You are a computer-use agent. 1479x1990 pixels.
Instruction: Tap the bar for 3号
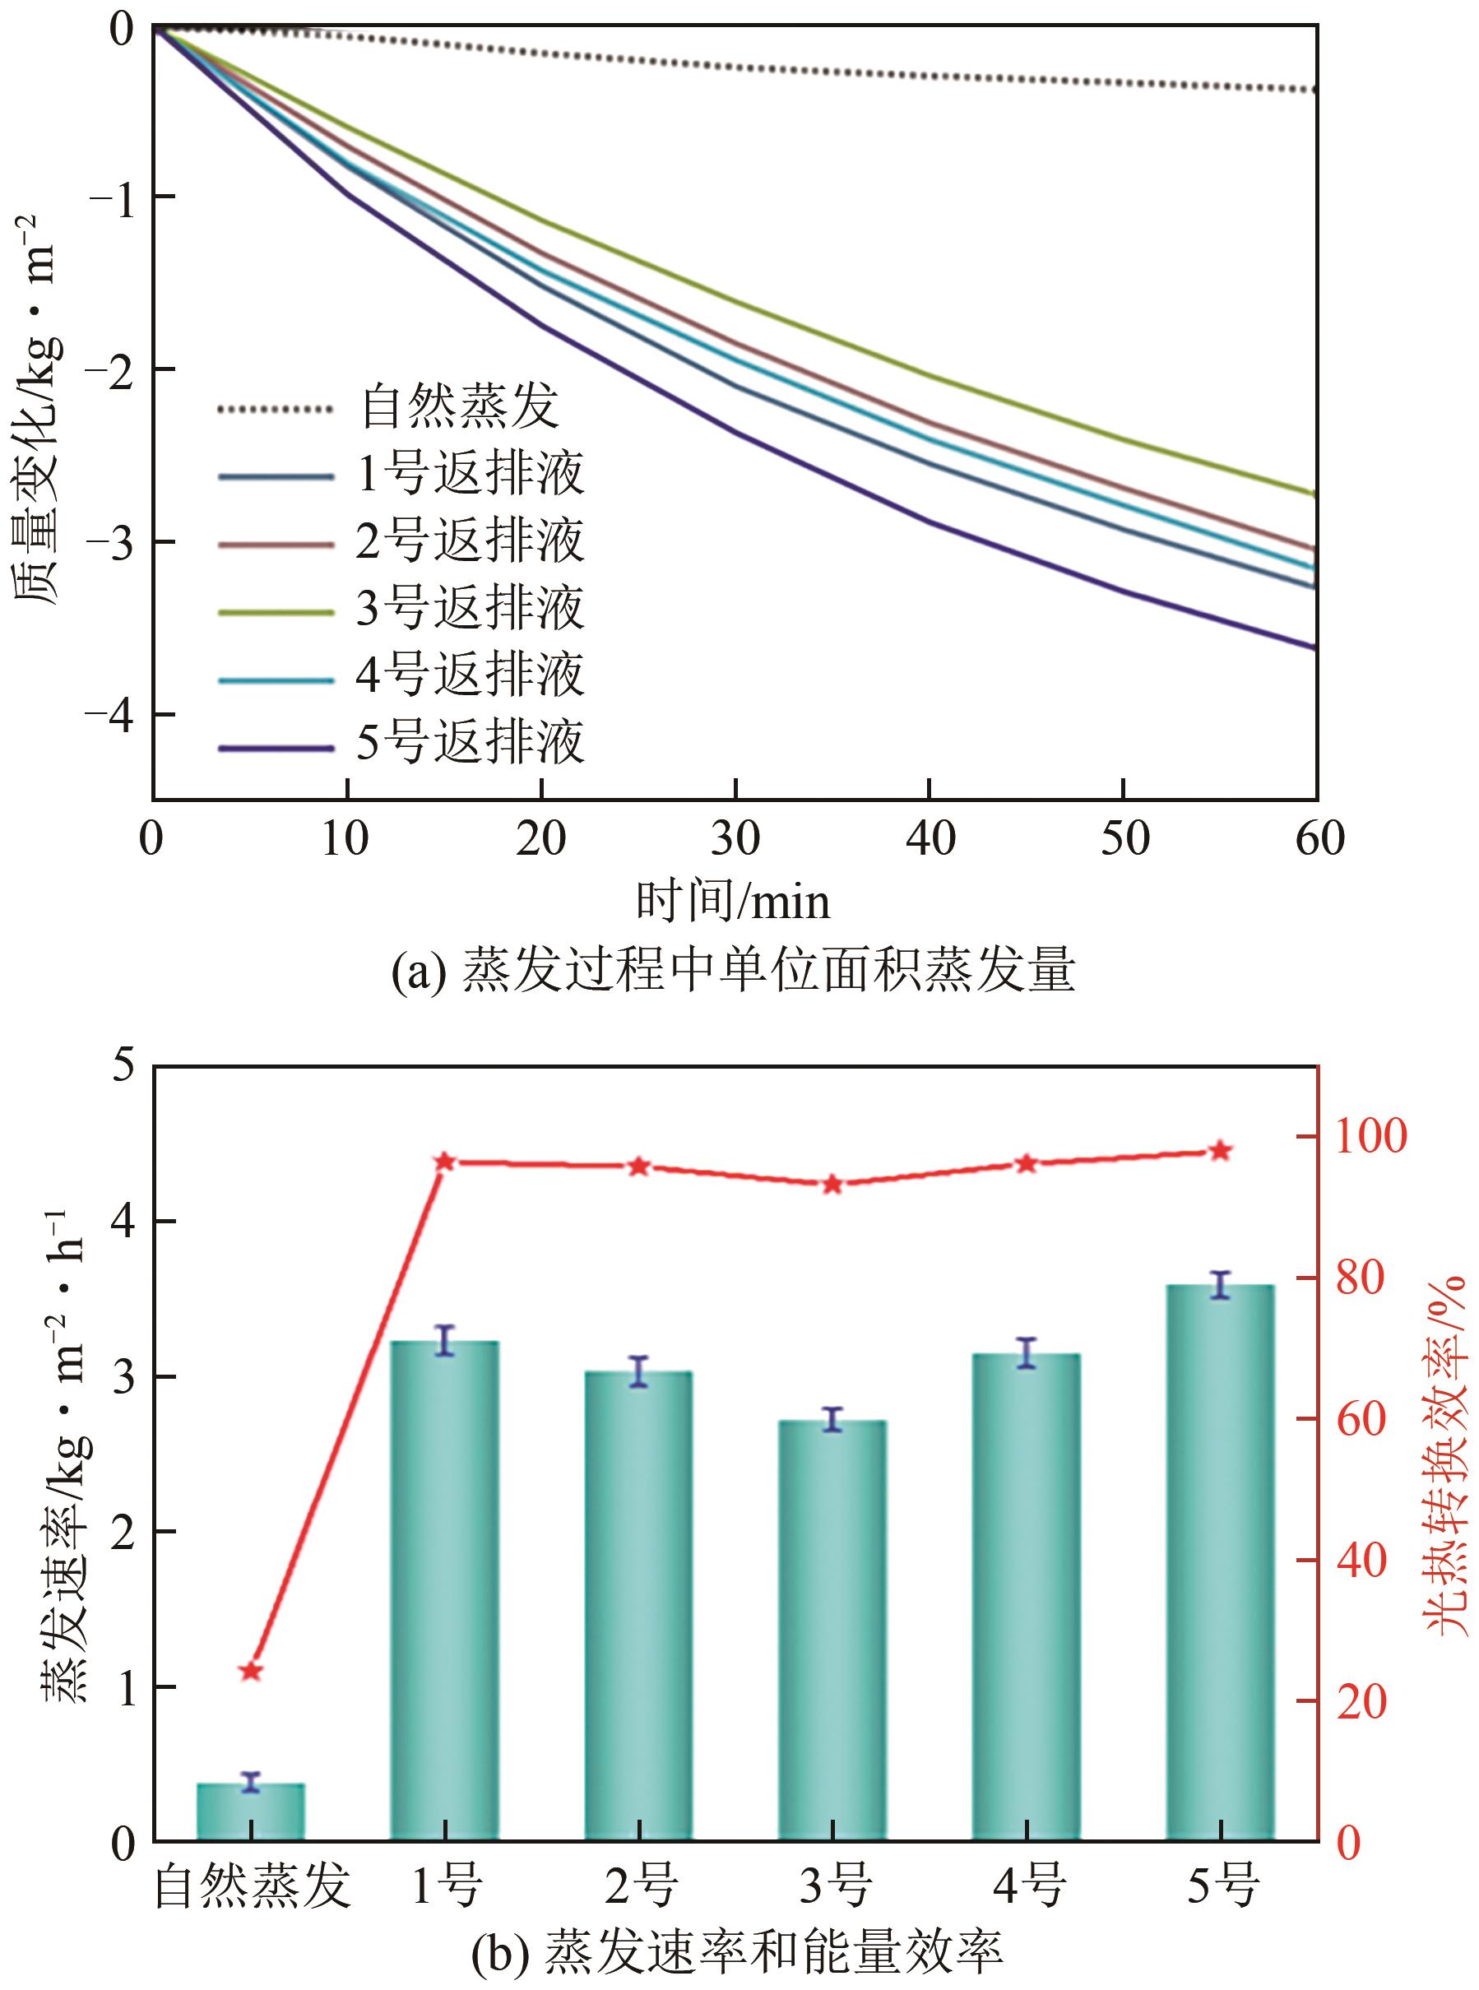pos(832,1629)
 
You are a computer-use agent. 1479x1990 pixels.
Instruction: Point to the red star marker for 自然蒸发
pos(251,1672)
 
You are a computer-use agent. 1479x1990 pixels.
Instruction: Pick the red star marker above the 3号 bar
pos(832,1185)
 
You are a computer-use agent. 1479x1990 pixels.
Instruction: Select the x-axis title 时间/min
pos(732,902)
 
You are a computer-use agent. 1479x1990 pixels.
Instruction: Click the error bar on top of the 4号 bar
pos(1026,1352)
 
